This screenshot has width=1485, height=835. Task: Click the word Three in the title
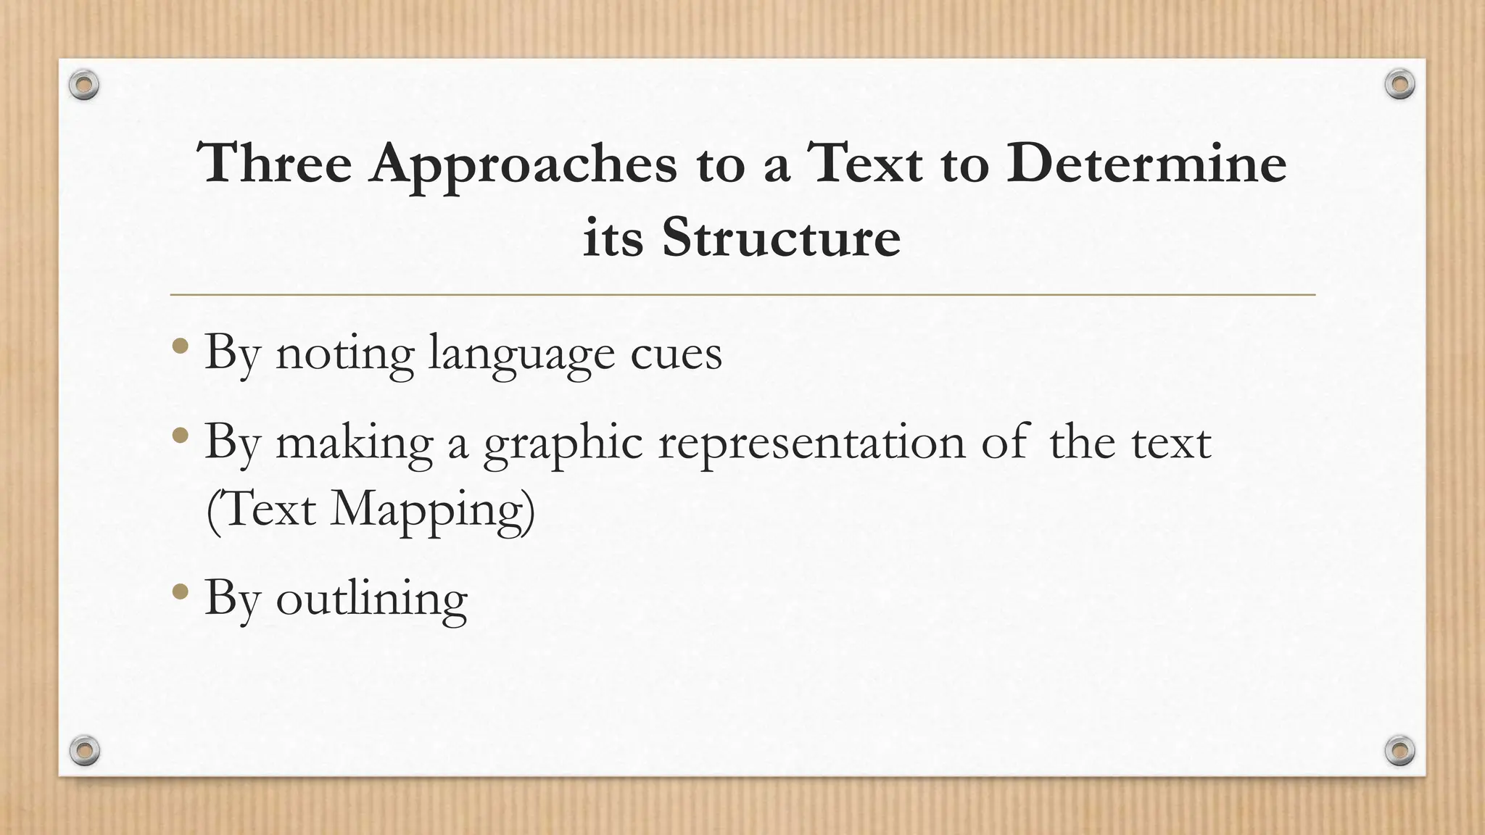coord(275,163)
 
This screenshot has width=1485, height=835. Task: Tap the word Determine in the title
coord(1146,163)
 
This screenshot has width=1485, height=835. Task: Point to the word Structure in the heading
coord(780,237)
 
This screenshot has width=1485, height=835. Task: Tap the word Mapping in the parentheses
coord(432,510)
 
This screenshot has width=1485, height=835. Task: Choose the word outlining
coord(371,599)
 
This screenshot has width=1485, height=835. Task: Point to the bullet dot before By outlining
coord(181,592)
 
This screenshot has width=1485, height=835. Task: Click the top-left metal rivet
coord(84,86)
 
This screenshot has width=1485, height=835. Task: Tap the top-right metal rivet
coord(1399,85)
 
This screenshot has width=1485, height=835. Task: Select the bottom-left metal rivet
coord(84,750)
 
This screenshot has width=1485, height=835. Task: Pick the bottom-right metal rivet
coord(1399,750)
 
